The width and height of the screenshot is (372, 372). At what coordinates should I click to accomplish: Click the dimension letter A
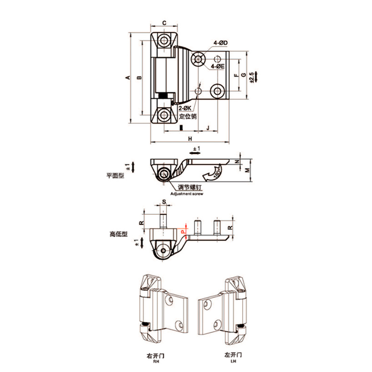coord(127,78)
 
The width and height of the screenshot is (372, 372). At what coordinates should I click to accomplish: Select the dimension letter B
coord(139,78)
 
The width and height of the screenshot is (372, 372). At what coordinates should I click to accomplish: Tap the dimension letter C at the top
coord(164,23)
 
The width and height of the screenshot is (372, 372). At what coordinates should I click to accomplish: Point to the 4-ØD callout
coord(220,44)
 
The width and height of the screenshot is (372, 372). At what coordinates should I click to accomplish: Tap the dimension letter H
coord(189,138)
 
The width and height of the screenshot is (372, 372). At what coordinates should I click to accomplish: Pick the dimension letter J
coord(207,127)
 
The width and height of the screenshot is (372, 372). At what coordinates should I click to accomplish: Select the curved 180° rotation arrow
coord(213,174)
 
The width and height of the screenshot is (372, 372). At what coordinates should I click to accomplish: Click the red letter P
coord(182,231)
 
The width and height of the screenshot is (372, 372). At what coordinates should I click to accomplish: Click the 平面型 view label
coord(114,175)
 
